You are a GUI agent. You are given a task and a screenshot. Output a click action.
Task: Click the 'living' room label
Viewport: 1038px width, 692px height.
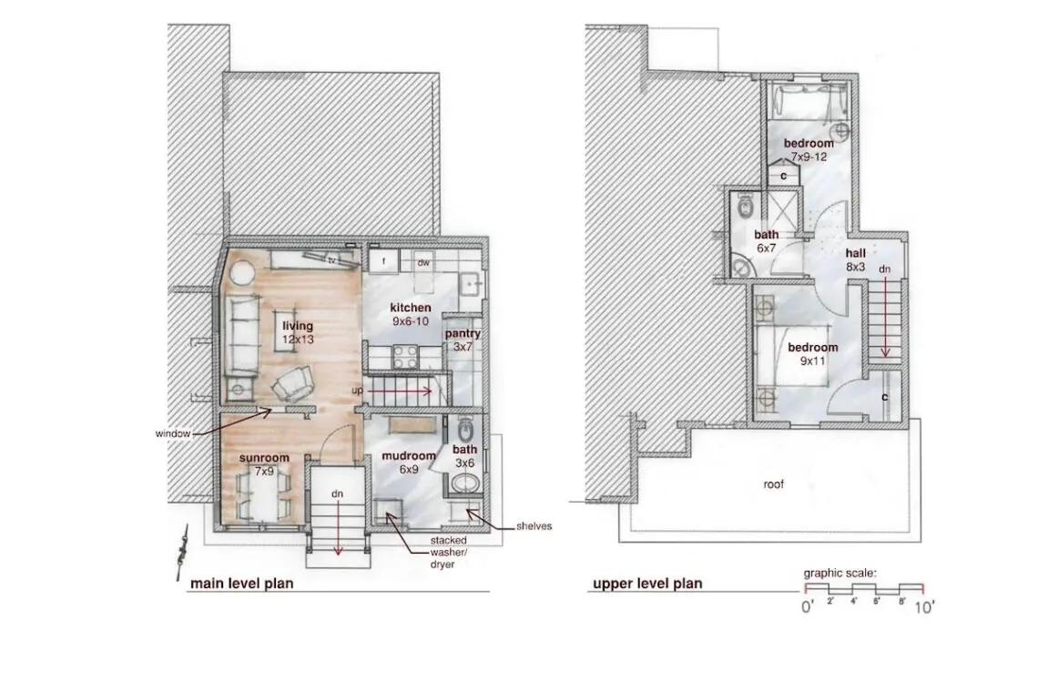(x=298, y=326)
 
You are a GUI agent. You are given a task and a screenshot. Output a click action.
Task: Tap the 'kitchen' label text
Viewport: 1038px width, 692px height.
(x=411, y=308)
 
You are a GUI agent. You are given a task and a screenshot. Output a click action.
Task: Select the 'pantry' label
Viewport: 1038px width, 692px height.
(x=463, y=334)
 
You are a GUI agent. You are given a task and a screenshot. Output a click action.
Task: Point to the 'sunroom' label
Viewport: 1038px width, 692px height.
(x=264, y=458)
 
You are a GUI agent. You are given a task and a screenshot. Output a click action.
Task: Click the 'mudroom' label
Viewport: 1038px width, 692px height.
(x=409, y=455)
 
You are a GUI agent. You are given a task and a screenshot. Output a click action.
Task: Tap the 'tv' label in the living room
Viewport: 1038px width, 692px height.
(x=332, y=260)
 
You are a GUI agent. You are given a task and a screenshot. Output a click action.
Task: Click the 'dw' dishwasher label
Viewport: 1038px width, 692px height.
(x=423, y=263)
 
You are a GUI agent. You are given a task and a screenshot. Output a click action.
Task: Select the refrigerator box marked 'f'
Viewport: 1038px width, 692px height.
(x=384, y=261)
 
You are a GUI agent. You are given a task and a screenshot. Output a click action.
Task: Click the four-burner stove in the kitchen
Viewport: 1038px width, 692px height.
(x=406, y=357)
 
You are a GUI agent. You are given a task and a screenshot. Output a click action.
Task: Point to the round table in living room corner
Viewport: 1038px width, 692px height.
(x=241, y=272)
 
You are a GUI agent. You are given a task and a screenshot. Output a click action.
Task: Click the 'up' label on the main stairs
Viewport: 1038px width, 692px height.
(x=358, y=391)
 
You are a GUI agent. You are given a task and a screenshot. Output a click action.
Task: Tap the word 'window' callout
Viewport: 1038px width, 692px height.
(x=173, y=433)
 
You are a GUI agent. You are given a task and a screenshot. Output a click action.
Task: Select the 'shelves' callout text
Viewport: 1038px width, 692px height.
(x=534, y=526)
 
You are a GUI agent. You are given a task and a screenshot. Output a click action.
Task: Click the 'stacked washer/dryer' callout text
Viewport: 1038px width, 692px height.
(x=448, y=553)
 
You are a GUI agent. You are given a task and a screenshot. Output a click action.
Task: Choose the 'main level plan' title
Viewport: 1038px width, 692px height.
(x=241, y=584)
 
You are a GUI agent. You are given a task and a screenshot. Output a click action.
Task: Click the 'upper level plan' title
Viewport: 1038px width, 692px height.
(x=647, y=584)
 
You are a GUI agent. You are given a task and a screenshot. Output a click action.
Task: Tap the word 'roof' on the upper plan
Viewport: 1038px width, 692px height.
(x=773, y=484)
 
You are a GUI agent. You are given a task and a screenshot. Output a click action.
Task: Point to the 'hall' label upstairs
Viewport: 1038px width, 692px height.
(x=855, y=253)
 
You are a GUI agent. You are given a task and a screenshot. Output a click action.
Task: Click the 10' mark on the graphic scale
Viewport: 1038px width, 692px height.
(x=924, y=606)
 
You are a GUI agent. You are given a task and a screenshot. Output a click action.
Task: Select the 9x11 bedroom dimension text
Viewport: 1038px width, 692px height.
(x=813, y=361)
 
